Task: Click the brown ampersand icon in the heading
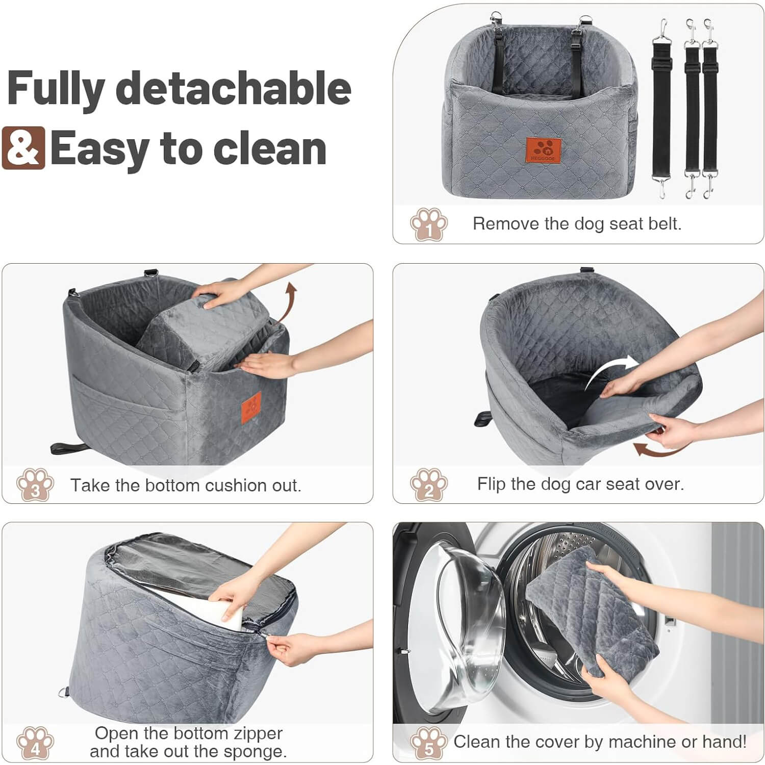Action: point(23,148)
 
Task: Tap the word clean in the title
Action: point(270,148)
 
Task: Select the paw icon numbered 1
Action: point(428,224)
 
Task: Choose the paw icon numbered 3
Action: point(35,484)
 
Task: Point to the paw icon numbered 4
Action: point(35,743)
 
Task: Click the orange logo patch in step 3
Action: point(251,407)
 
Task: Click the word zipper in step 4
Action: point(257,733)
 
